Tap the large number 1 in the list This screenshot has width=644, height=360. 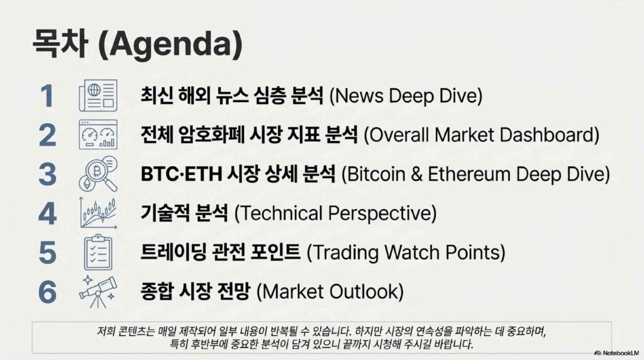47,96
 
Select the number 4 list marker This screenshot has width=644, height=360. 47,214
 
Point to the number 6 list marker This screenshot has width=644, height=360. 47,292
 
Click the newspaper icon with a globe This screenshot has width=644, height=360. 97,95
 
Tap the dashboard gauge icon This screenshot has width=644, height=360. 97,135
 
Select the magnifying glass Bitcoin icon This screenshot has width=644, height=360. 97,174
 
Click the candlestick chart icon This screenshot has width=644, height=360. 98,213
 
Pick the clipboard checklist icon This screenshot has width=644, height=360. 97,252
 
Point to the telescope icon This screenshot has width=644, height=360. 97,292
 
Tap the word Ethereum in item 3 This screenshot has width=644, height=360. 468,174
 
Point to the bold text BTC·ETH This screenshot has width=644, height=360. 181,174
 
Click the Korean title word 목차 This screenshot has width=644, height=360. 60,43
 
